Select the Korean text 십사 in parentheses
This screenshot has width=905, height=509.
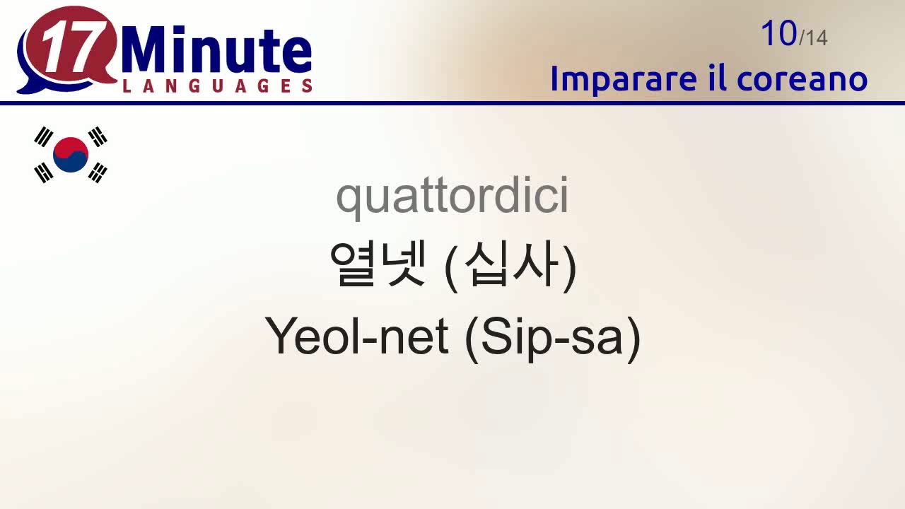[510, 264]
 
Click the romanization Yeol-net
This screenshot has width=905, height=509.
[357, 336]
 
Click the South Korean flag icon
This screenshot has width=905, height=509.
[71, 154]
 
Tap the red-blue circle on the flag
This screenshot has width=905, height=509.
[71, 154]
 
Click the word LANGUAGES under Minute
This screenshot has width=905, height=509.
[217, 86]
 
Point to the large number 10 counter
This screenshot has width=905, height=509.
[778, 33]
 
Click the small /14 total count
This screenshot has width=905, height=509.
[813, 37]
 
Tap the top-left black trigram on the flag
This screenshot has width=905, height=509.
[44, 136]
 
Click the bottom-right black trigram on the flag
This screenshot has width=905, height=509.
[98, 172]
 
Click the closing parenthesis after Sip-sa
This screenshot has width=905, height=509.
[633, 339]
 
